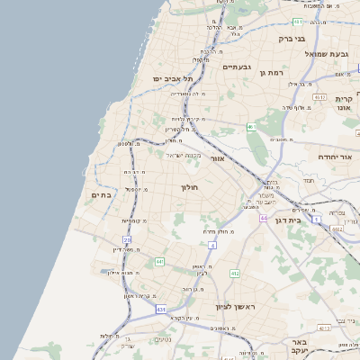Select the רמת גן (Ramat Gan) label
tap(271, 72)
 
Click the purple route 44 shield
tap(263, 219)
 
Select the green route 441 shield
tap(159, 261)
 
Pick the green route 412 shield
tap(234, 273)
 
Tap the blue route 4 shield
tap(212, 244)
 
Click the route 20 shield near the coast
tap(127, 240)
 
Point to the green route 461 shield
tap(250, 128)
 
